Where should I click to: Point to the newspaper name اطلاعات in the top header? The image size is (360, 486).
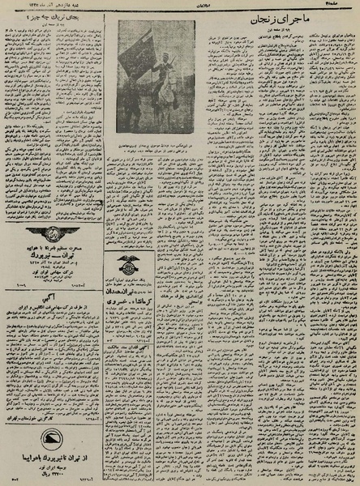(x=180, y=6)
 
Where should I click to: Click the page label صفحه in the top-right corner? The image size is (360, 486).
(x=345, y=6)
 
